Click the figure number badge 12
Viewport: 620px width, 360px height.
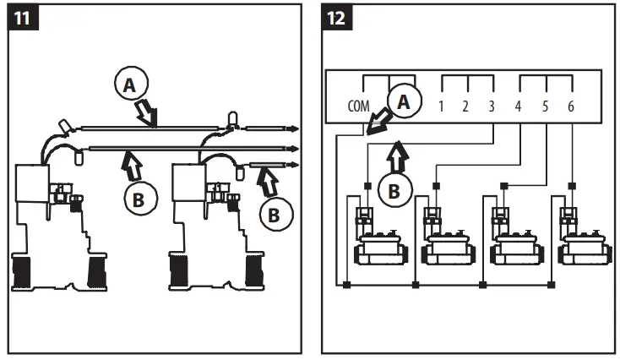point(338,19)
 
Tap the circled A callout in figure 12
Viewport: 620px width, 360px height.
point(404,101)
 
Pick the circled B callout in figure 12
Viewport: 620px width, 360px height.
point(393,191)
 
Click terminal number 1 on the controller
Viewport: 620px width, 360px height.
point(441,107)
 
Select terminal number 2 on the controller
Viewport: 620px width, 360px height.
point(465,107)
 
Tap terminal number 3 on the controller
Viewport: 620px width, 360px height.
point(492,107)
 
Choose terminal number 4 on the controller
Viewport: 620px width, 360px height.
point(519,107)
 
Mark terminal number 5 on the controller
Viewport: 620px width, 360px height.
point(546,107)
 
